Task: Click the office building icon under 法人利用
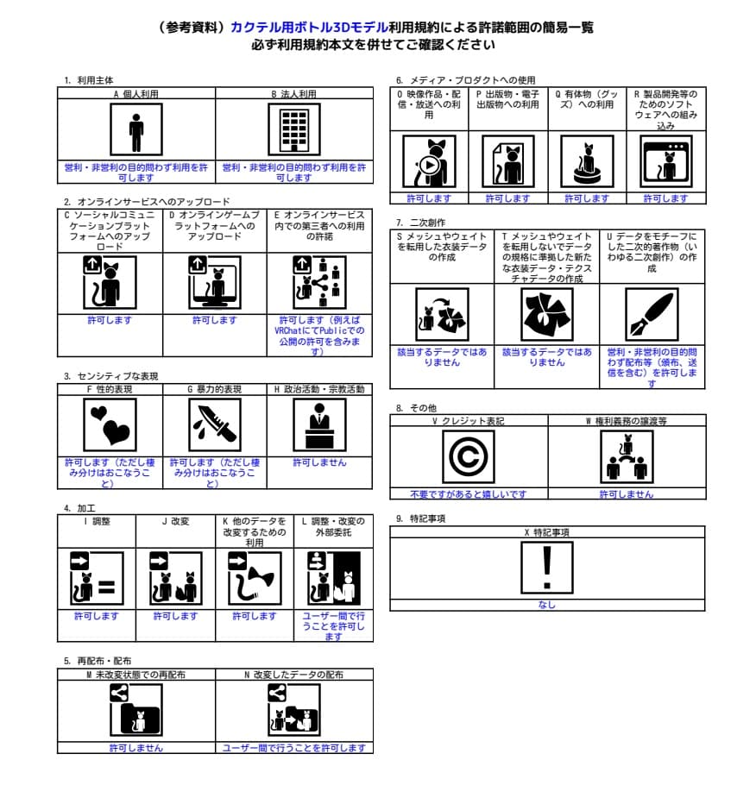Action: (x=294, y=129)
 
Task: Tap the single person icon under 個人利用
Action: (x=135, y=129)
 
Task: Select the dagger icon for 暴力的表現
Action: (x=214, y=425)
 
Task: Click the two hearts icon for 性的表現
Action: (x=110, y=425)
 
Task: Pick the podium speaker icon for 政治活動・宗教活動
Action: (x=319, y=425)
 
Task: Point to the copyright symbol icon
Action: (x=469, y=456)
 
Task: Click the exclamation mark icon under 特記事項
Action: (x=547, y=568)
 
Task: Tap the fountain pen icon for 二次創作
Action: (x=652, y=314)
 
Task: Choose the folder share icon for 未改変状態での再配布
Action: (x=135, y=710)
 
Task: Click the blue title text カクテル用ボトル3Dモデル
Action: (x=309, y=28)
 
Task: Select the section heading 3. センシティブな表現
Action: (x=111, y=376)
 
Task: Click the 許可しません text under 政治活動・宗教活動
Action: (x=319, y=462)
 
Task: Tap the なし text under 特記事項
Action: (x=547, y=605)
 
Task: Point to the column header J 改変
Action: (x=175, y=521)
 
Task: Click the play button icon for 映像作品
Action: (x=429, y=165)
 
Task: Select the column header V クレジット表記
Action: (x=469, y=421)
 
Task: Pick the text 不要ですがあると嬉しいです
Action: (x=469, y=494)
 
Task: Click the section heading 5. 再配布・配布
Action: (x=98, y=661)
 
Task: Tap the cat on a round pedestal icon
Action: (x=587, y=162)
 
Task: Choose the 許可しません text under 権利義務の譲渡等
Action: (x=627, y=494)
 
